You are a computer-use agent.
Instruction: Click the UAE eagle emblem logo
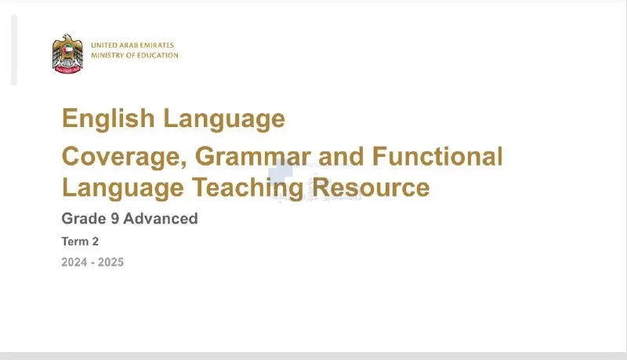tap(67, 53)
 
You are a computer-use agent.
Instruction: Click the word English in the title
tap(108, 118)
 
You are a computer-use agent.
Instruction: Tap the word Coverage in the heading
tap(125, 157)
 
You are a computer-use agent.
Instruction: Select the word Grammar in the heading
tap(252, 156)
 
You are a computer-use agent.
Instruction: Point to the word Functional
tap(437, 156)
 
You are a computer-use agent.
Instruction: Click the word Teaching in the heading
tap(248, 187)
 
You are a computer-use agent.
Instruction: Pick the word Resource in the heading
tap(371, 187)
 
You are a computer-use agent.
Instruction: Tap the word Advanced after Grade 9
tap(161, 218)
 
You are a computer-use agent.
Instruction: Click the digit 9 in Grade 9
tap(114, 219)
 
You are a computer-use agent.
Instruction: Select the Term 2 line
tap(80, 242)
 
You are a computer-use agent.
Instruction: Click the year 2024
tap(74, 263)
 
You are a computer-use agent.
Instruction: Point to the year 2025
tap(111, 263)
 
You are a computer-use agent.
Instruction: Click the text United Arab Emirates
tap(132, 45)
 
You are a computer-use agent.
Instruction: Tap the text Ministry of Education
tap(135, 55)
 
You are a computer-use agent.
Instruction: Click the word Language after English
tap(224, 119)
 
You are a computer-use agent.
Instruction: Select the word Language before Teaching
tap(123, 188)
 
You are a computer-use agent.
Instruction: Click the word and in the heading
tap(341, 156)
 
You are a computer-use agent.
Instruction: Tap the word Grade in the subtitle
tap(84, 218)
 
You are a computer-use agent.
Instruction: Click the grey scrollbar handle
tap(14, 50)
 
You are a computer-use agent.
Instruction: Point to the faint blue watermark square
tap(281, 172)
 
